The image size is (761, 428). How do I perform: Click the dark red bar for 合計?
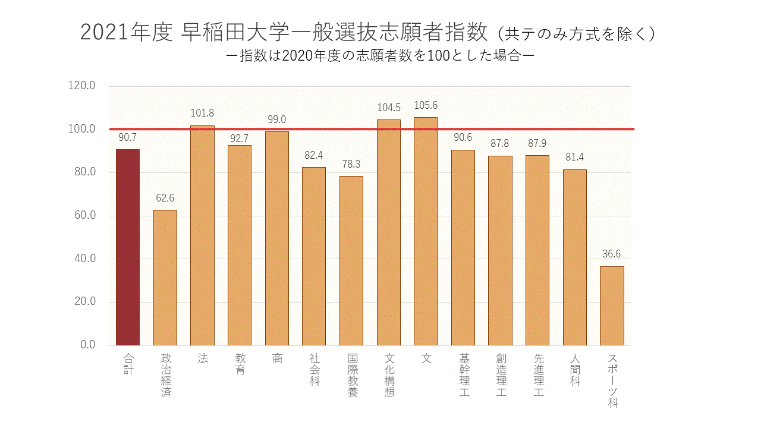pyautogui.click(x=128, y=247)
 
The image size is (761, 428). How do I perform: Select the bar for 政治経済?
pyautogui.click(x=165, y=277)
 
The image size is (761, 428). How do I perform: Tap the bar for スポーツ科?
pyautogui.click(x=612, y=306)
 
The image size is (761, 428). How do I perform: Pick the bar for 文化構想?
pyautogui.click(x=389, y=232)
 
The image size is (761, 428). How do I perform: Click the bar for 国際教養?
pyautogui.click(x=351, y=260)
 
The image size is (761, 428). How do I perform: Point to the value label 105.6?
pyautogui.click(x=426, y=106)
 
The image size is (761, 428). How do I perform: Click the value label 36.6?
pyautogui.click(x=612, y=254)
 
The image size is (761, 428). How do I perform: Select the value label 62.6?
pyautogui.click(x=165, y=198)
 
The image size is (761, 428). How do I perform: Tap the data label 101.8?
pyautogui.click(x=202, y=113)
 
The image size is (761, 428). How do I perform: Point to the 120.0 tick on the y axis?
pyautogui.click(x=82, y=86)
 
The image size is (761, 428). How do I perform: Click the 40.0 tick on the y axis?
pyautogui.click(x=84, y=259)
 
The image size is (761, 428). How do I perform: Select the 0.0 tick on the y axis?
pyautogui.click(x=87, y=345)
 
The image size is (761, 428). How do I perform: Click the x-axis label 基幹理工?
pyautogui.click(x=463, y=376)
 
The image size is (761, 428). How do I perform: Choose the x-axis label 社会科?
pyautogui.click(x=315, y=370)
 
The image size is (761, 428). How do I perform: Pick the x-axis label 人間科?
pyautogui.click(x=575, y=370)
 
